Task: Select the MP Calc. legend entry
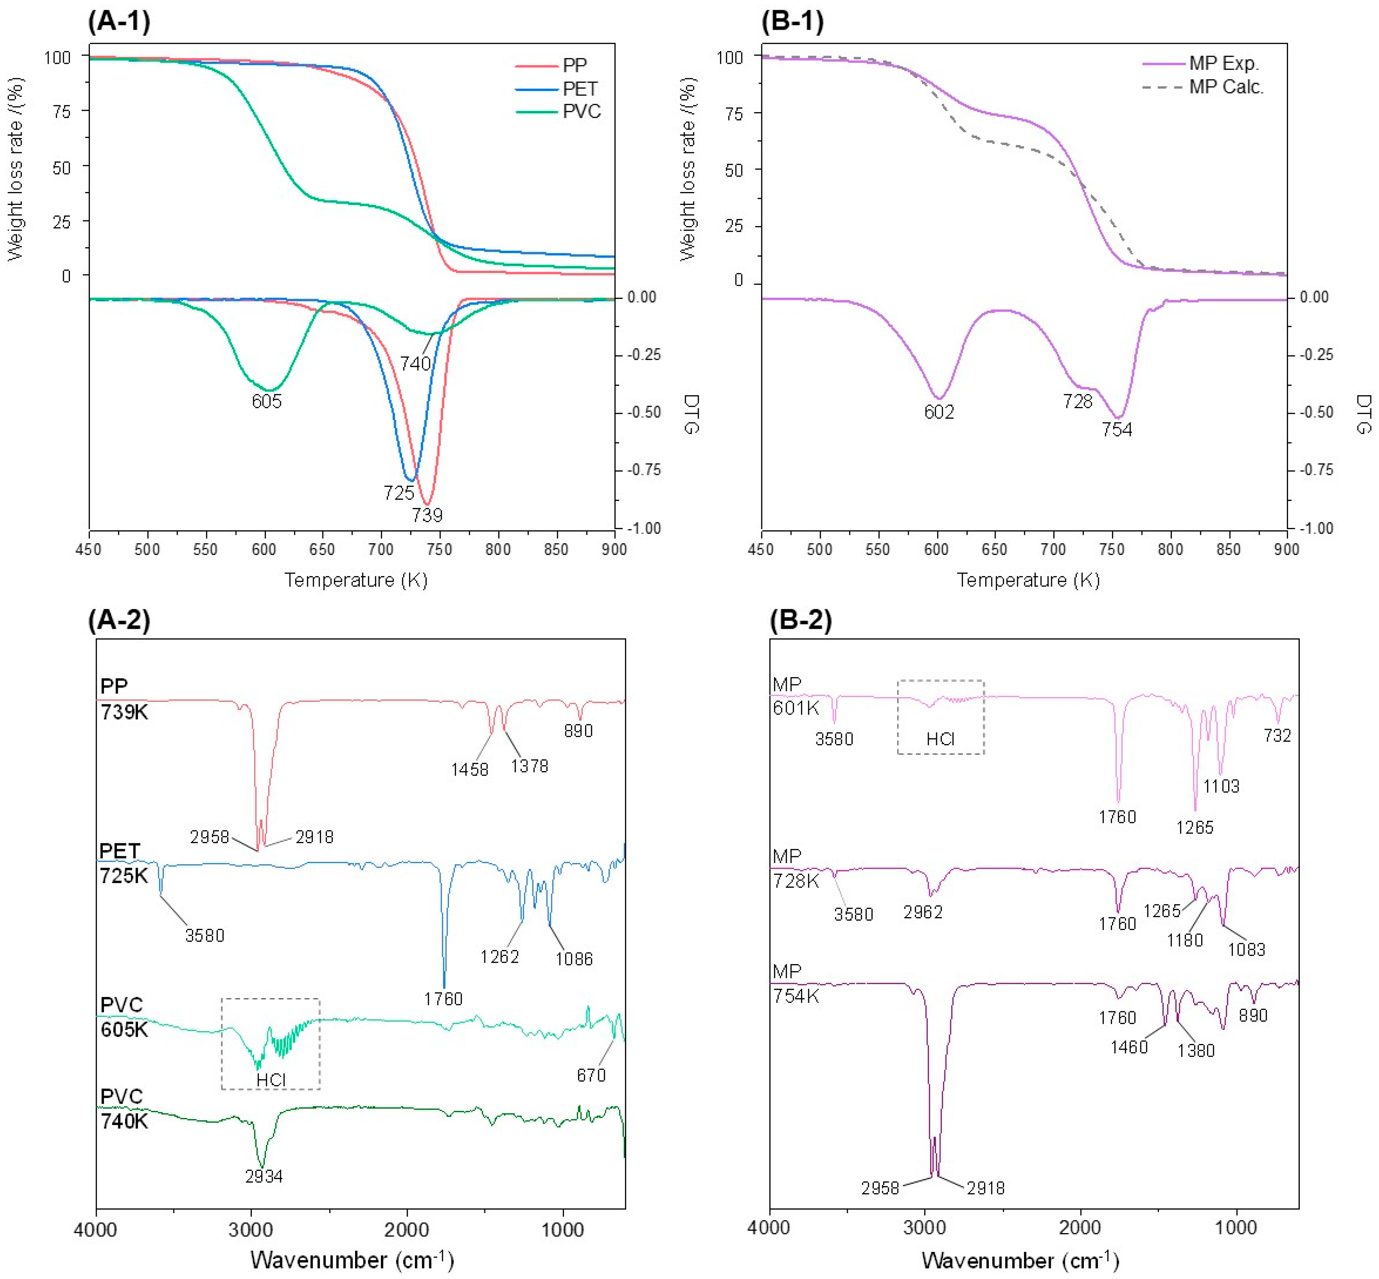1226,87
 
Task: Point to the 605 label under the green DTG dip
267,401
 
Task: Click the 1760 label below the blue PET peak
443,999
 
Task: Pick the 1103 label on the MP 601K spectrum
1221,786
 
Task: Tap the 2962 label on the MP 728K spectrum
923,912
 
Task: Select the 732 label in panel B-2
1277,736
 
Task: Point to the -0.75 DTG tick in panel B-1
1315,470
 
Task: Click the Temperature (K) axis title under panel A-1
356,580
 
